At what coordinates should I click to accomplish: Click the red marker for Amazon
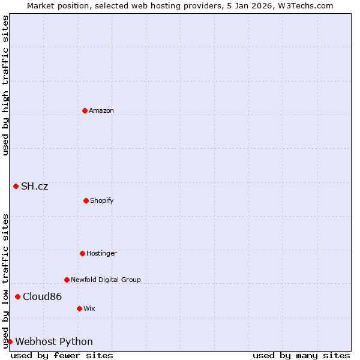pos(85,110)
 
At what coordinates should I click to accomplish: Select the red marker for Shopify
pos(86,200)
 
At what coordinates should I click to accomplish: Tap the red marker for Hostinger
pos(82,253)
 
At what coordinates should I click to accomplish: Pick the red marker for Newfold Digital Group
pos(67,280)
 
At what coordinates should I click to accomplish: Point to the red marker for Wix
pos(79,308)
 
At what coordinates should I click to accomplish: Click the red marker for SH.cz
pos(16,186)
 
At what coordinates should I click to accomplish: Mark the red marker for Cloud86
pos(17,296)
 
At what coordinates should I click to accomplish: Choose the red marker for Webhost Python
pos(10,341)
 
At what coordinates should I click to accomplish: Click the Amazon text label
pos(101,110)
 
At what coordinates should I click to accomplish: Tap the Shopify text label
pos(102,200)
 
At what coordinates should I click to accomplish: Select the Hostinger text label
pos(101,253)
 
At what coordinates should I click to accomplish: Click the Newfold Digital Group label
pos(106,280)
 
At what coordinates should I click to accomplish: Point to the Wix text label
pos(89,308)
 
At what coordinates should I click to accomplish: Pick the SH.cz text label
pos(35,186)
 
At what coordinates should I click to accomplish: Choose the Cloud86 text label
pos(42,296)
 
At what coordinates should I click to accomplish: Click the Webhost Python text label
pos(54,341)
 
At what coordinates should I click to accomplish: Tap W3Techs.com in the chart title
pos(304,5)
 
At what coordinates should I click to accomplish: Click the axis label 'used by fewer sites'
pos(62,355)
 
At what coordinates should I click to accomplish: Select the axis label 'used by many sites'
pos(301,355)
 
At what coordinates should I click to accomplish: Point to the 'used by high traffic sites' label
pos(5,85)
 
